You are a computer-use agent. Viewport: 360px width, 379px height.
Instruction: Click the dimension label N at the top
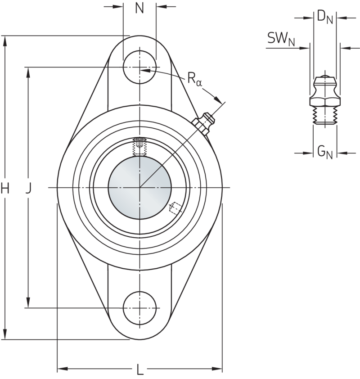tap(140, 9)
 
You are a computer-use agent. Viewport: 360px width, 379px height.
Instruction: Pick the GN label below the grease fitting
tap(324, 153)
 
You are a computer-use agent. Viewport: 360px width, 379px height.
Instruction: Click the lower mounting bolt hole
tap(139, 309)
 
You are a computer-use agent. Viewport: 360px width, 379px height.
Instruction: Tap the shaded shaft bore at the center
tap(140, 187)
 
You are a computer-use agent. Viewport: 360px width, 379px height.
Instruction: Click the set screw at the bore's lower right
tap(174, 208)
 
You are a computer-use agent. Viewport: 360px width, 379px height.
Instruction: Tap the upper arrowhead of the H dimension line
tap(5, 41)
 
